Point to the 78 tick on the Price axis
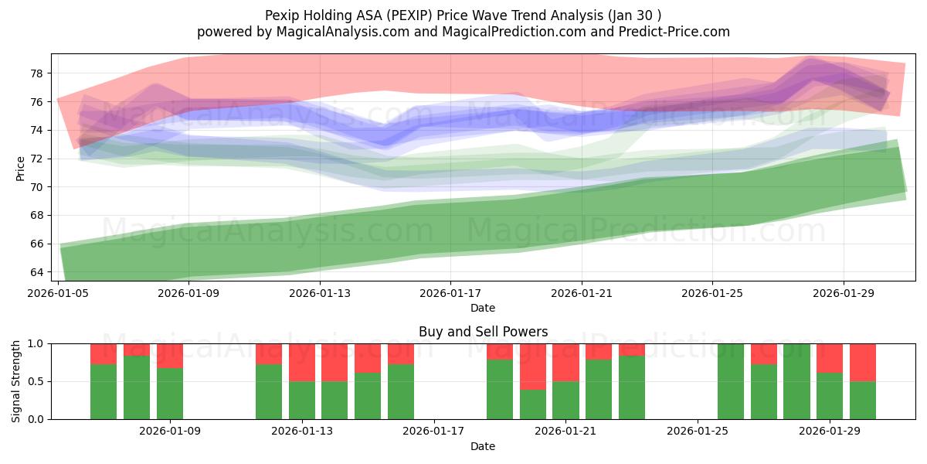[x=36, y=73]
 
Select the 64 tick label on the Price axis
[x=36, y=272]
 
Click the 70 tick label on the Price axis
[x=36, y=187]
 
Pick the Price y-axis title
[x=20, y=167]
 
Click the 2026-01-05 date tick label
[x=59, y=294]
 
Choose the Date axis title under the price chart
[x=483, y=308]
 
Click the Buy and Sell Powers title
[x=483, y=332]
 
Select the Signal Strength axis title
[x=17, y=380]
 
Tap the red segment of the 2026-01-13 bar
[x=302, y=362]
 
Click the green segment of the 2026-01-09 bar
[x=170, y=394]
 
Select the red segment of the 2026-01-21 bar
[x=565, y=362]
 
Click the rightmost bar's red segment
[x=863, y=362]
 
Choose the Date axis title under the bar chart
[x=483, y=446]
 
